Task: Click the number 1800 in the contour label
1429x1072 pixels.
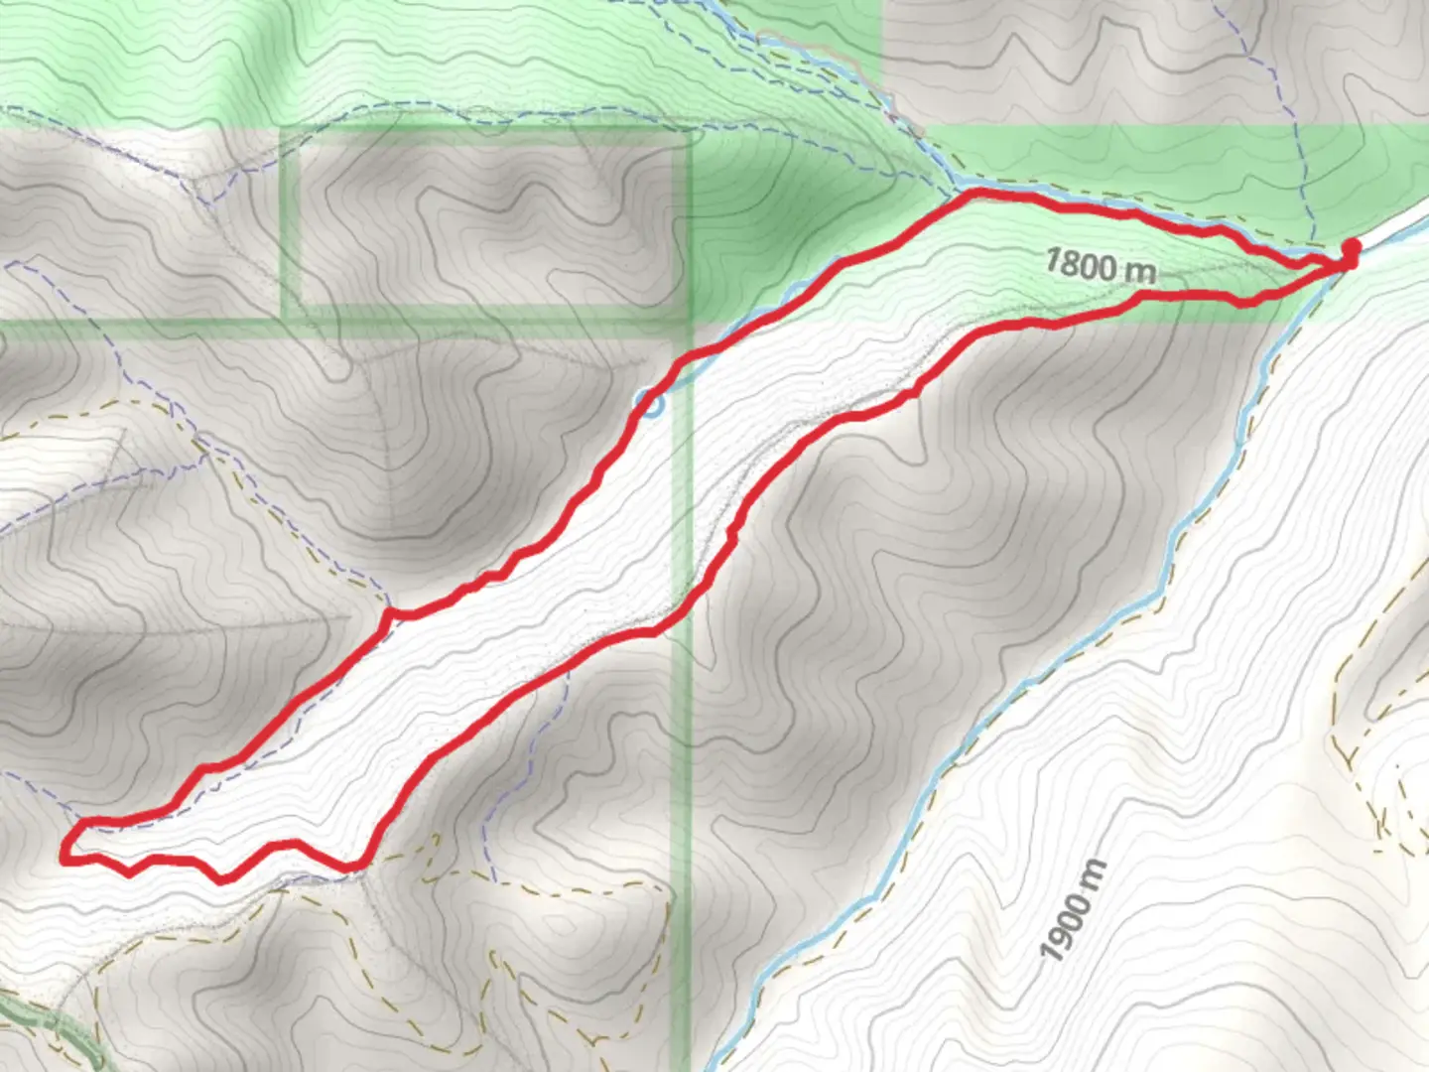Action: [1083, 263]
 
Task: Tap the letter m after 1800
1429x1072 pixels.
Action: [1141, 270]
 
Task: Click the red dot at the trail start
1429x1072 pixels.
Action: [1350, 248]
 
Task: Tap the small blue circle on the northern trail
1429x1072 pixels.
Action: [650, 404]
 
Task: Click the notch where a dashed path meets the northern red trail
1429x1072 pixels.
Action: [392, 611]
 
